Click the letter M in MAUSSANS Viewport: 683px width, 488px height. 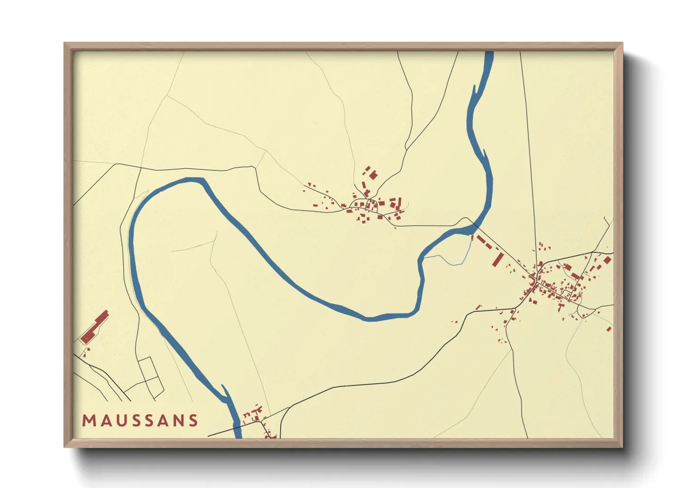coord(88,421)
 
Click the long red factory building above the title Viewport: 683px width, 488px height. coord(95,327)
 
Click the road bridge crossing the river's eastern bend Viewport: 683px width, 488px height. coord(472,227)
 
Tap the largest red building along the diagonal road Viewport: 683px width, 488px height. coord(497,259)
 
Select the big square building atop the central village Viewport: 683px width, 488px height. coord(373,175)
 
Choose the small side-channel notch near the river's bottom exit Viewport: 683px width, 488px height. coord(225,392)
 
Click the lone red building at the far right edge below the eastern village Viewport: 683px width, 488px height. coord(610,329)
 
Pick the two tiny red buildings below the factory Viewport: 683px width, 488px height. coord(86,352)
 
